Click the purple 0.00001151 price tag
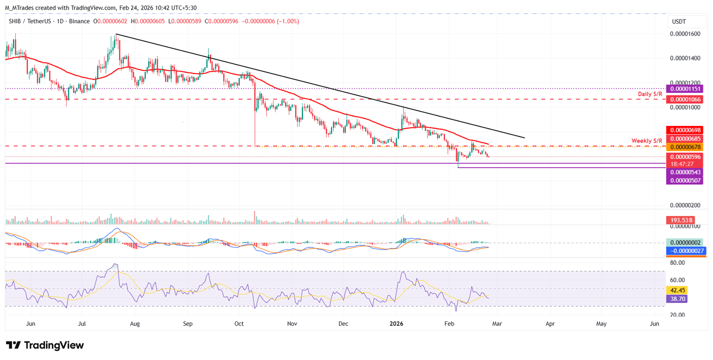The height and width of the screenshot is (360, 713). [685, 88]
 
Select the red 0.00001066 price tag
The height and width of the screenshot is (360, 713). [685, 99]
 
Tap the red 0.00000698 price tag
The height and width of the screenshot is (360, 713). [685, 130]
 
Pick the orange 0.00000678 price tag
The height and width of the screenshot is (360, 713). [685, 147]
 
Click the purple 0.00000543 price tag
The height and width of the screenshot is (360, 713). [685, 172]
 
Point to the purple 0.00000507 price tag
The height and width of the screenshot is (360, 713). [685, 180]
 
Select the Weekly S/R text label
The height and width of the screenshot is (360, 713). [647, 140]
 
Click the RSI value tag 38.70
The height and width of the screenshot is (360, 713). [676, 299]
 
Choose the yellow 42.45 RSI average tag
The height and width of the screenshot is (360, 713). [676, 290]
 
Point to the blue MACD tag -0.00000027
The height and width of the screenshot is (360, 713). [686, 251]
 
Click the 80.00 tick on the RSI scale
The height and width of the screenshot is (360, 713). [678, 262]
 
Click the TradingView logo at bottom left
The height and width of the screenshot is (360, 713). [45, 345]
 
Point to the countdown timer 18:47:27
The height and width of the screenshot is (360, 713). [685, 164]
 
